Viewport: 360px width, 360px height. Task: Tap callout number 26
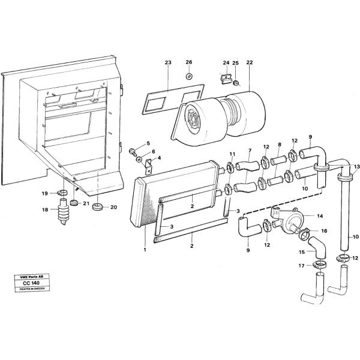[188, 62]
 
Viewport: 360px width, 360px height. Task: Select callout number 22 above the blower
[250, 63]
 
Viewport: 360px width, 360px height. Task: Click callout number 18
[44, 209]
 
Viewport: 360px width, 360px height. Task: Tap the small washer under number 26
[188, 77]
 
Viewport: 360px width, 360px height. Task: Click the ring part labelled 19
[62, 193]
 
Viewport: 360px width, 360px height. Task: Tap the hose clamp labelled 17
[320, 265]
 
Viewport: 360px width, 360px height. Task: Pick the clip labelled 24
[226, 79]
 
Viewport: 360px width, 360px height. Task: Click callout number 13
[356, 166]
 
